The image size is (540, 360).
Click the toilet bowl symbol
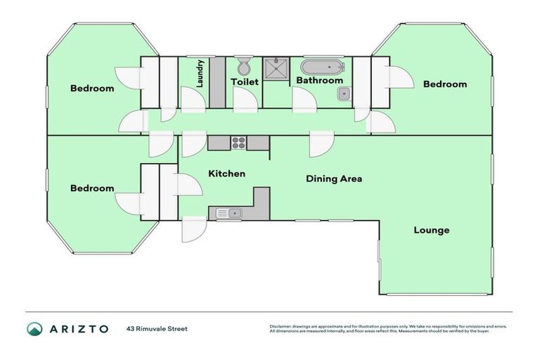(244, 66)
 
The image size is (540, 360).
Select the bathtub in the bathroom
(323, 67)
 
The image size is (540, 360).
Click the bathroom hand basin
(343, 94)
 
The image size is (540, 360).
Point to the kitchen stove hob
(238, 143)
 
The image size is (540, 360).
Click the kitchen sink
(229, 213)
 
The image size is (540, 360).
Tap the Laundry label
(200, 82)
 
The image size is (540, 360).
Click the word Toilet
(245, 82)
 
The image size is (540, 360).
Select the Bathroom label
(319, 81)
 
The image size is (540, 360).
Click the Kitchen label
(226, 174)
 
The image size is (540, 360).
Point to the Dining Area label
(334, 179)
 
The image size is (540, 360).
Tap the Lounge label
(431, 230)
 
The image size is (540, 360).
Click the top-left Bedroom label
(92, 89)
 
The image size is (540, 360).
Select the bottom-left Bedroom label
(92, 188)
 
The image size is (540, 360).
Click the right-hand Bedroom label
(444, 84)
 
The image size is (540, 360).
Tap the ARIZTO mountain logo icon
(34, 328)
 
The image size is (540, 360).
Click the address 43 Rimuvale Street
(157, 328)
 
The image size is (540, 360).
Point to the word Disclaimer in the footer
(283, 326)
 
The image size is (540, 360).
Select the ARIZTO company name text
(79, 328)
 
